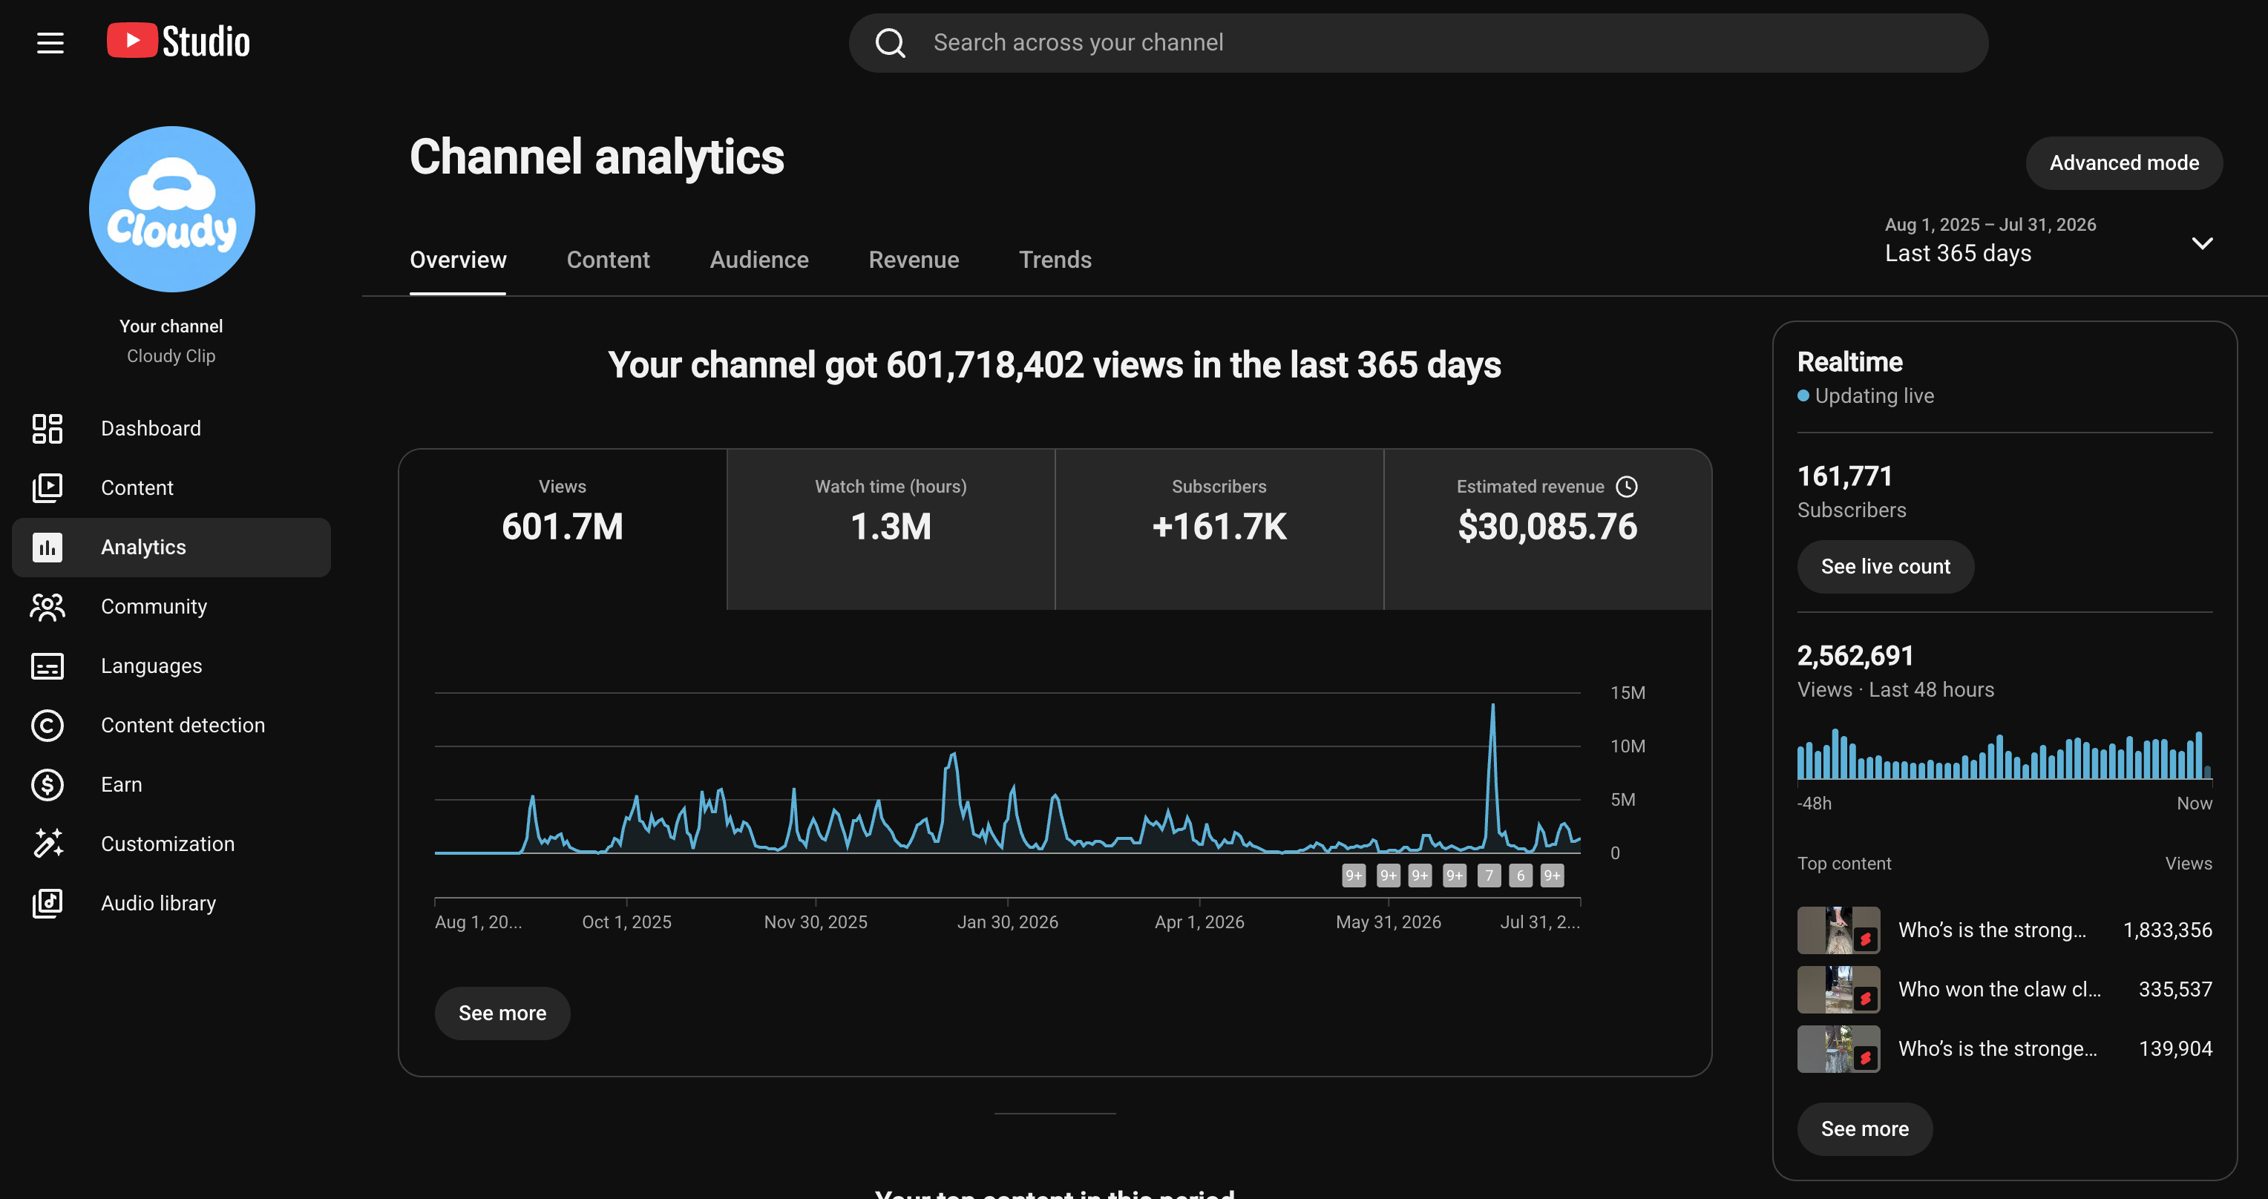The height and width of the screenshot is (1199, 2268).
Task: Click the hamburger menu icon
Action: (50, 43)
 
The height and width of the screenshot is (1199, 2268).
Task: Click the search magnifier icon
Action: (890, 43)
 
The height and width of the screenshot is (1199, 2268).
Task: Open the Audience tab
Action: (759, 260)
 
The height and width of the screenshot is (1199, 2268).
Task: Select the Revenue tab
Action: (914, 260)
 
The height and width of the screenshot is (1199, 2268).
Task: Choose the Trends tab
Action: (1055, 260)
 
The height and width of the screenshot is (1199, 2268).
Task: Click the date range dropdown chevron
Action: (2202, 243)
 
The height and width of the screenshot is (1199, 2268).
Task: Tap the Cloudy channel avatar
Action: (171, 209)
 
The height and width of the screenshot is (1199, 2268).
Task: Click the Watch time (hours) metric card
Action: (891, 529)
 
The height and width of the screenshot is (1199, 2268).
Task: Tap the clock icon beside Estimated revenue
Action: (1627, 487)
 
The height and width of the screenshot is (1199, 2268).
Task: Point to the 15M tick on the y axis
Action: (1627, 693)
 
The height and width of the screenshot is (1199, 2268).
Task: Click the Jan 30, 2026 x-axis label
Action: (1007, 922)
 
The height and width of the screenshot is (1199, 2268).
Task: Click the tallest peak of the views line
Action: (1492, 705)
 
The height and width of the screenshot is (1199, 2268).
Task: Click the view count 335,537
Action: (2174, 990)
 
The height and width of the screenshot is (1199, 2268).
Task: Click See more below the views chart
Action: (502, 1014)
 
